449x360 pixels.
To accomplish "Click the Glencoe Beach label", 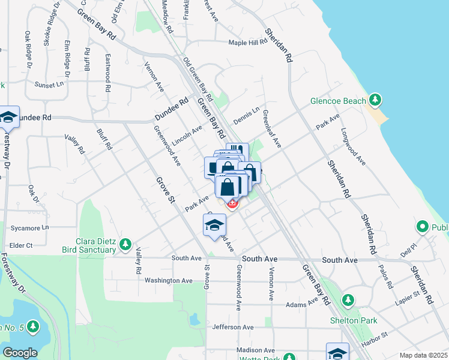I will [338, 101].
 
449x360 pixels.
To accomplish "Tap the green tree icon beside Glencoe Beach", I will [375, 99].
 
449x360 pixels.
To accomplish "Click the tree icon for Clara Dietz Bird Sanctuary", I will [125, 244].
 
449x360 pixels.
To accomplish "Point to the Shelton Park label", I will [354, 320].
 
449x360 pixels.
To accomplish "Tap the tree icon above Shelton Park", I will [348, 299].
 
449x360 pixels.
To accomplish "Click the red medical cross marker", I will [232, 204].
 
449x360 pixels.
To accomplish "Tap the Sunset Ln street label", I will [49, 85].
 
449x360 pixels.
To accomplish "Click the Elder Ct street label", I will [21, 245].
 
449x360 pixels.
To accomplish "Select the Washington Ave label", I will [169, 280].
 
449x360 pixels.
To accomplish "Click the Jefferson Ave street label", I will [233, 327].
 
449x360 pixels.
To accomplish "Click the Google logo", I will [20, 353].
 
